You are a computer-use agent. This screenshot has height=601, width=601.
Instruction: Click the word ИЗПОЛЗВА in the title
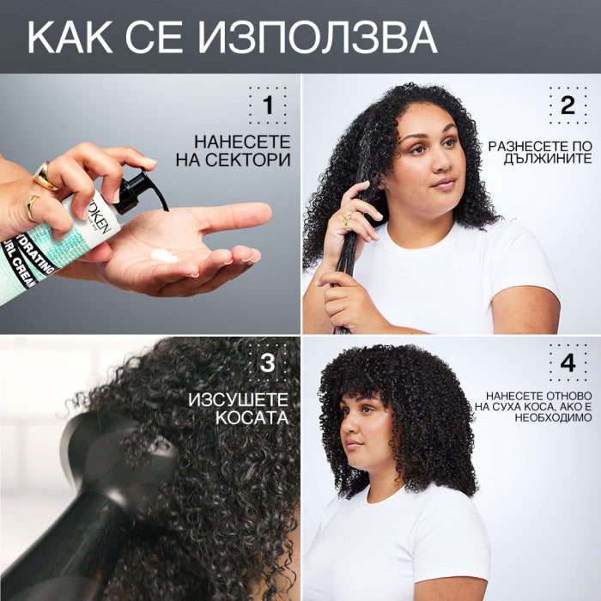click(x=317, y=38)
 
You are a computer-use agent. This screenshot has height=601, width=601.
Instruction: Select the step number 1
click(x=268, y=105)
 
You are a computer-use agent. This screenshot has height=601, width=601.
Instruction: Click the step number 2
click(x=568, y=105)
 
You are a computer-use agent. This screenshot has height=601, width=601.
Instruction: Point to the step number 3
click(x=268, y=362)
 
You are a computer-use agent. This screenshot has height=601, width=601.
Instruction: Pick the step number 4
click(x=568, y=362)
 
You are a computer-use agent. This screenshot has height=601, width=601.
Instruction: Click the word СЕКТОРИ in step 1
click(x=247, y=160)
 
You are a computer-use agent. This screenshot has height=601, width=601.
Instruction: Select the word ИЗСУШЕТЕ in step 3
click(x=238, y=400)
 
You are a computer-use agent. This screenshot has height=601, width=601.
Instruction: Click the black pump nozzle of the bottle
click(x=140, y=191)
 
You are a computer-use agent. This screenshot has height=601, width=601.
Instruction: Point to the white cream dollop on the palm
click(x=164, y=256)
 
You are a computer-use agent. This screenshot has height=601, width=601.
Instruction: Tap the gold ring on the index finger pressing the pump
click(x=45, y=176)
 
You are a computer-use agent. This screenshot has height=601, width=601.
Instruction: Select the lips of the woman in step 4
click(x=354, y=446)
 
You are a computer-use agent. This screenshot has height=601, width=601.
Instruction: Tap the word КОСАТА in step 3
click(x=252, y=418)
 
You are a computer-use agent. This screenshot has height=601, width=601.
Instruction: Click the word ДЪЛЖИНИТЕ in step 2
click(x=548, y=159)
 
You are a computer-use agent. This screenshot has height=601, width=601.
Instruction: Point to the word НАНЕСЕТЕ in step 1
click(x=242, y=142)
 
